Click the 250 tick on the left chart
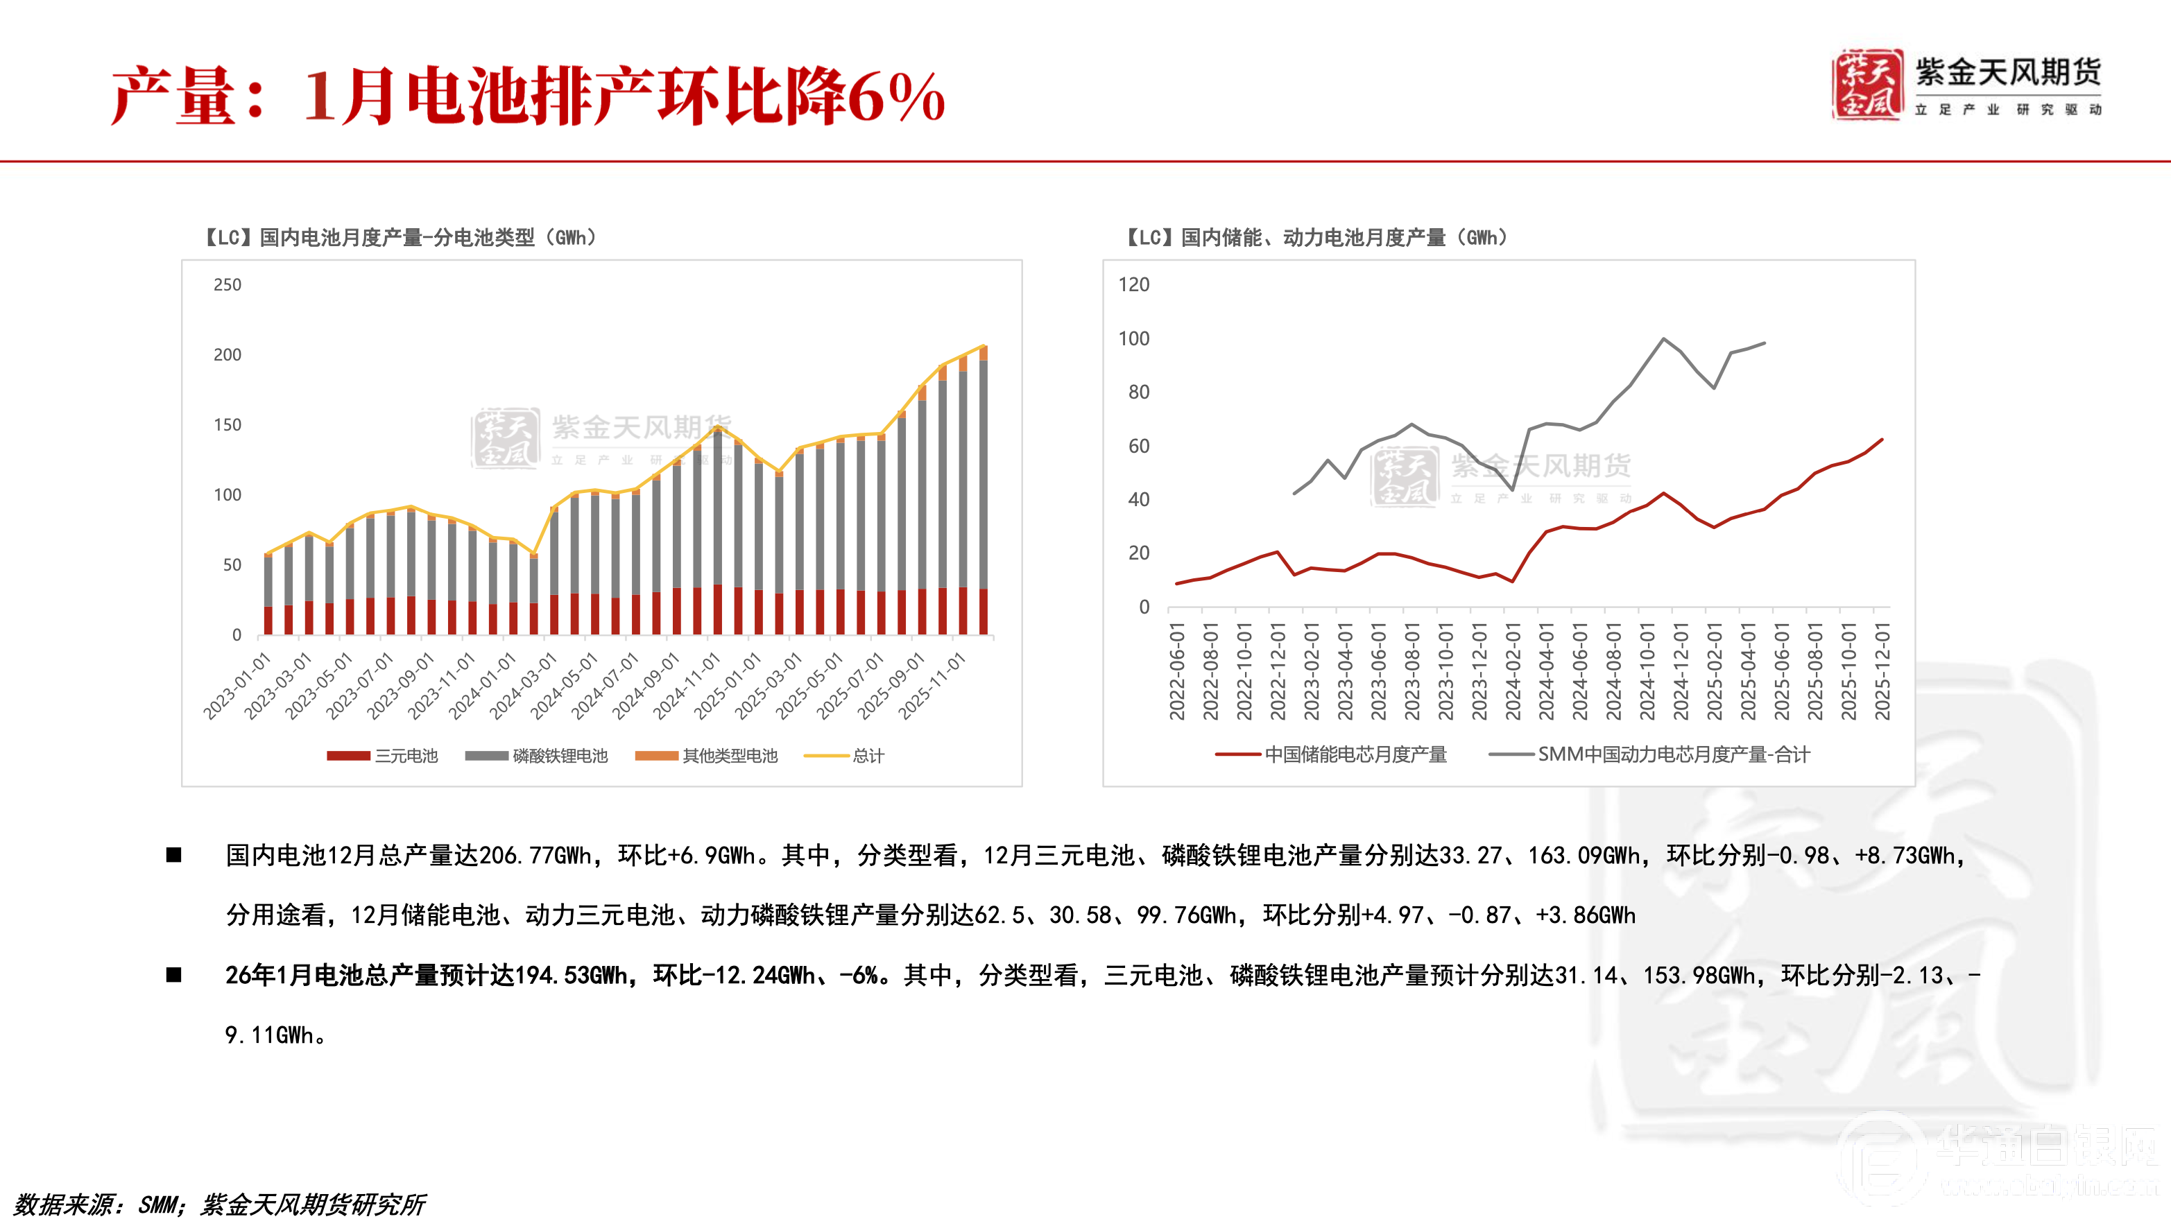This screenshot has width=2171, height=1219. pos(227,285)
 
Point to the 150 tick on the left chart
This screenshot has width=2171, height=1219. pos(227,424)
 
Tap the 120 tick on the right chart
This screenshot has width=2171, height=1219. pos(1133,285)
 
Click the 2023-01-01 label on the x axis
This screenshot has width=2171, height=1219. pos(237,686)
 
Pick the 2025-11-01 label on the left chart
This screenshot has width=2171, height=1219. pos(932,686)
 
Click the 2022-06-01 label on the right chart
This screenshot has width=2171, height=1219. pos(1176,671)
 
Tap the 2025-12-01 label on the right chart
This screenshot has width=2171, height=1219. pos(1882,671)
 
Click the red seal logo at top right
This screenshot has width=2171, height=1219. pos(1867,84)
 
